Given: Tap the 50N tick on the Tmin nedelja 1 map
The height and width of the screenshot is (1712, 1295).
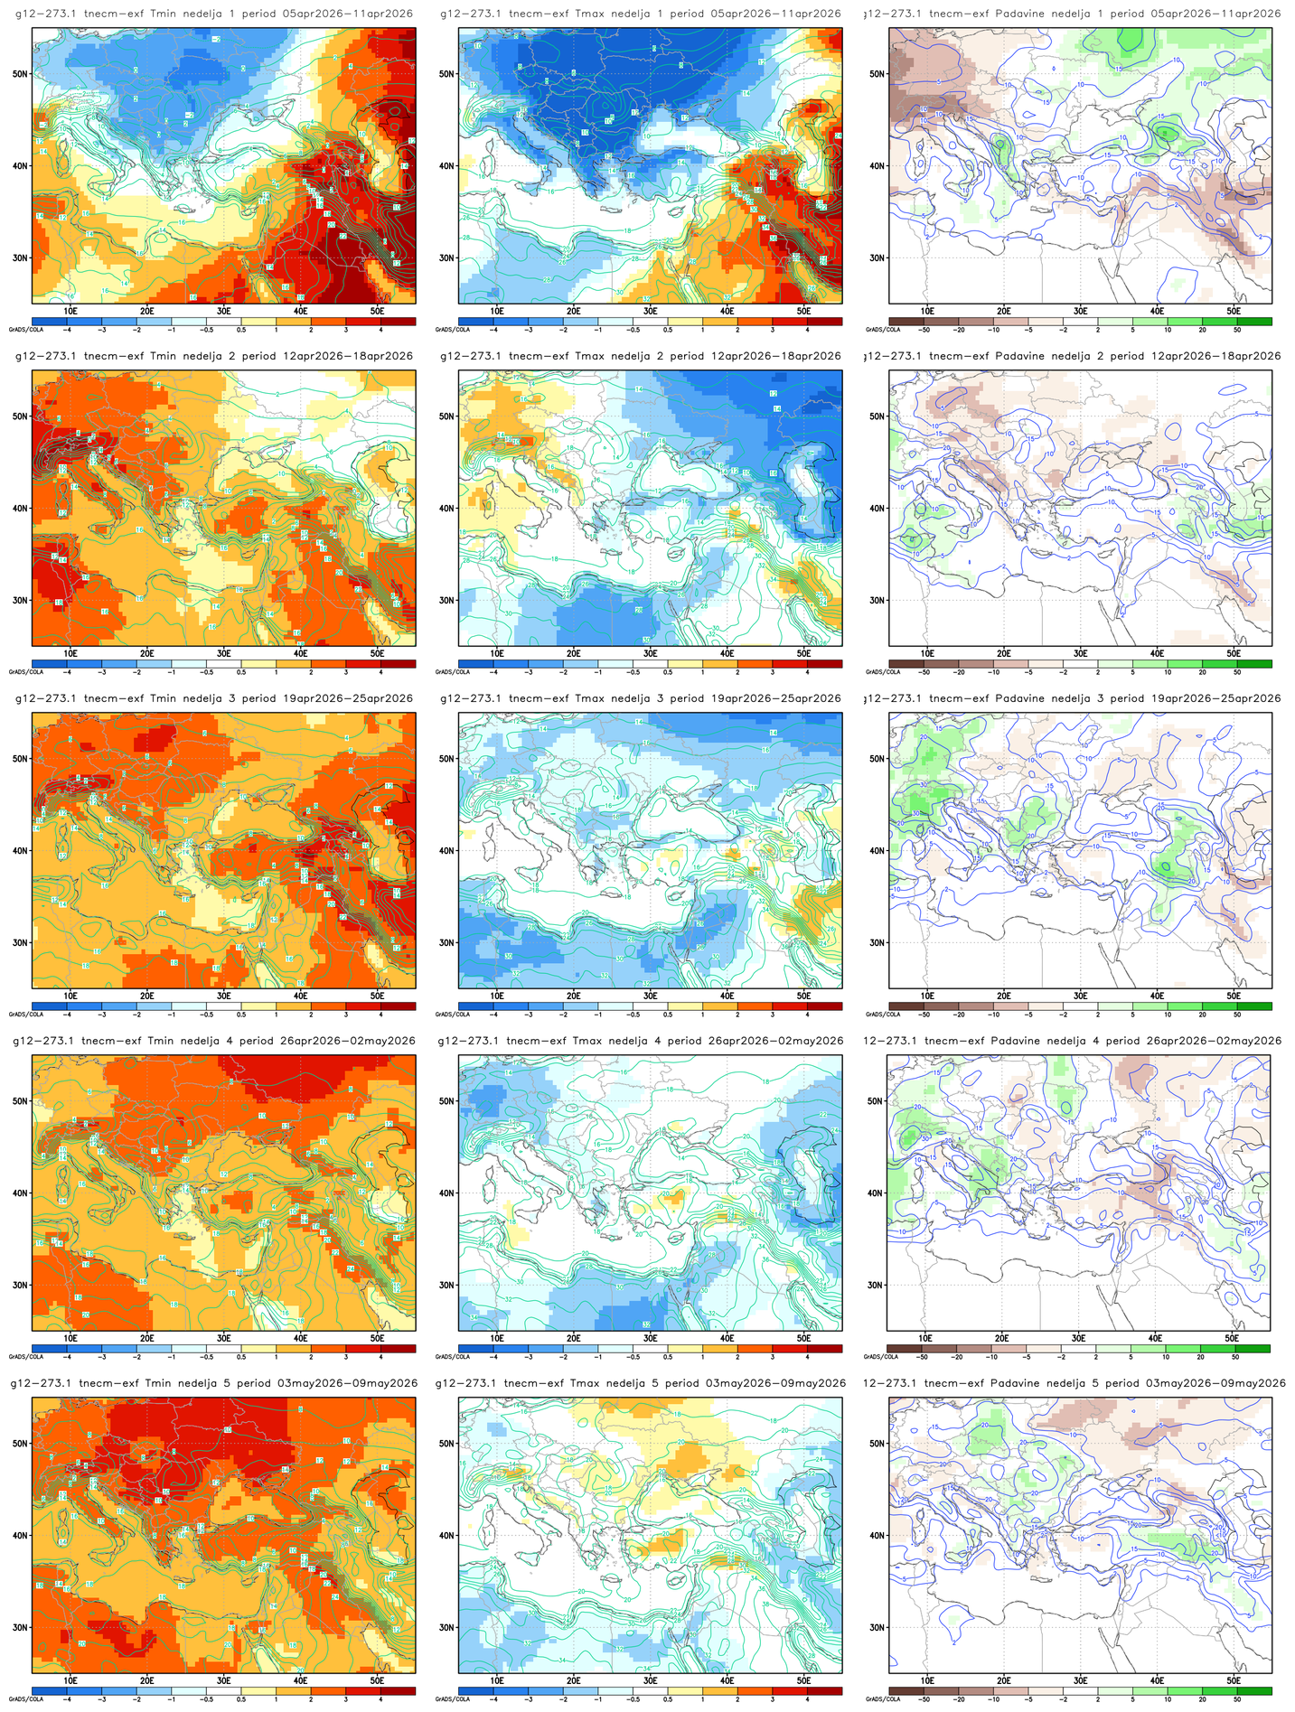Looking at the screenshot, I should coord(20,74).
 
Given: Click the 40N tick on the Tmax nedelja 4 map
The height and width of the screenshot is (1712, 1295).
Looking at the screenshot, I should coord(446,1193).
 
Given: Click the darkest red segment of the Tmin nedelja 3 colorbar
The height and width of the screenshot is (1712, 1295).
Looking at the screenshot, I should coord(398,1006).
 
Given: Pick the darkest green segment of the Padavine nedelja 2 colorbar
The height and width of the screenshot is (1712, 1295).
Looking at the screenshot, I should coord(1254,663).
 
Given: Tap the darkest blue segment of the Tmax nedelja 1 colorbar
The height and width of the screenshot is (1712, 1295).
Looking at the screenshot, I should coord(475,321).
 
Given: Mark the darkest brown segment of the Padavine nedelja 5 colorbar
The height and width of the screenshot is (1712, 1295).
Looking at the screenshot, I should coord(906,1690).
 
